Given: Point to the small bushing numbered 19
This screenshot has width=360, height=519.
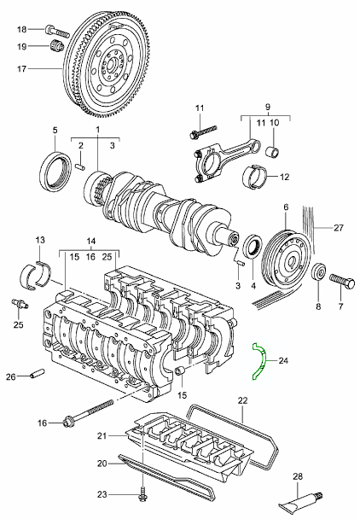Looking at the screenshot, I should (x=57, y=45).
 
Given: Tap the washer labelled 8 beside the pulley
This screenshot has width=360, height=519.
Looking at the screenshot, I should (x=317, y=273).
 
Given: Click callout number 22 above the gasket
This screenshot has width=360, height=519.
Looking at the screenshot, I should (x=242, y=400).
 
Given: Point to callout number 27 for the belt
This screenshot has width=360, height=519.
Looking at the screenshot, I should (x=339, y=228).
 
